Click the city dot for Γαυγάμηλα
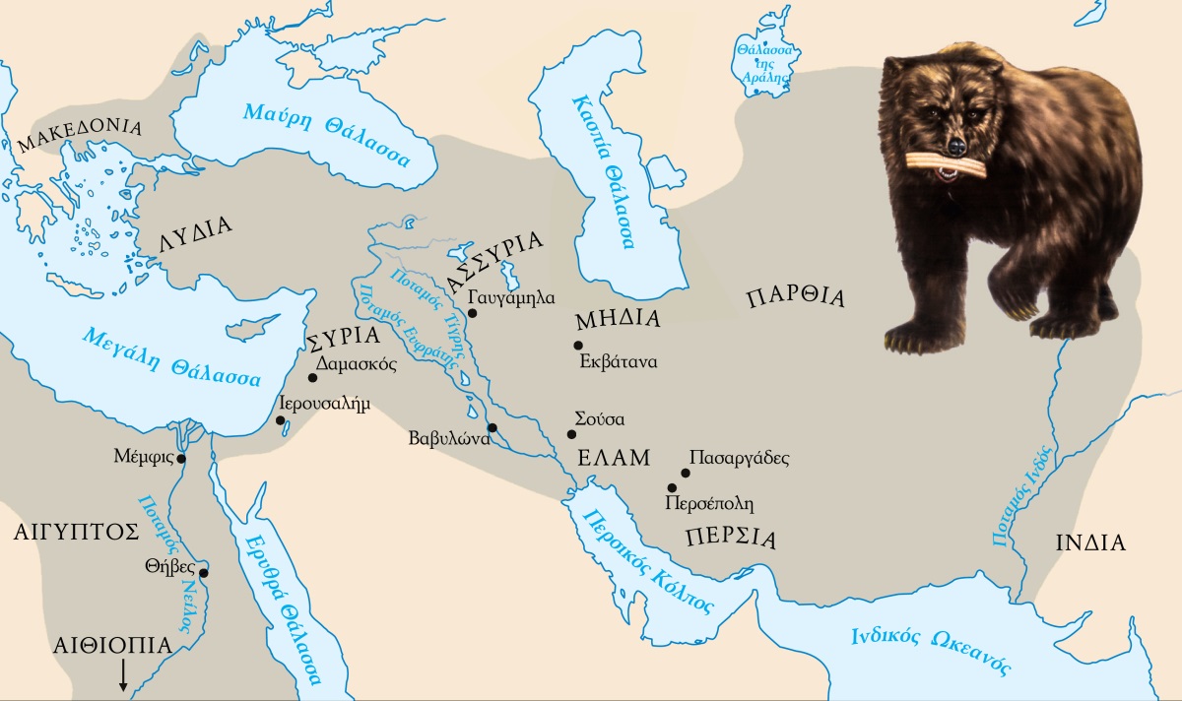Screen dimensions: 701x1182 [x=472, y=313]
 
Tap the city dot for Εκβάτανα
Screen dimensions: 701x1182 [x=578, y=345]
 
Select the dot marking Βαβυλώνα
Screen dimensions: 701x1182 [x=492, y=427]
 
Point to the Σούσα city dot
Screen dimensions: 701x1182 [x=571, y=434]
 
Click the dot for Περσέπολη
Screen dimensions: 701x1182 [x=672, y=487]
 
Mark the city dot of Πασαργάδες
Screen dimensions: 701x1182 [x=686, y=473]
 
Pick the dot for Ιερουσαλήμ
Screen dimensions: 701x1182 [x=281, y=421]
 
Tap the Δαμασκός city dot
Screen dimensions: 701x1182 [x=312, y=377]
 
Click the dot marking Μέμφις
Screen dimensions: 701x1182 [x=181, y=458]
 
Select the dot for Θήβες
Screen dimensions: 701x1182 [x=204, y=573]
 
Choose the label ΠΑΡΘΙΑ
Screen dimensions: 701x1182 [x=796, y=297]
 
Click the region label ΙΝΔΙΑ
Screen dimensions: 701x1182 [x=1090, y=542]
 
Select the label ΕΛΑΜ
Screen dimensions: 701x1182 [x=614, y=458]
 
